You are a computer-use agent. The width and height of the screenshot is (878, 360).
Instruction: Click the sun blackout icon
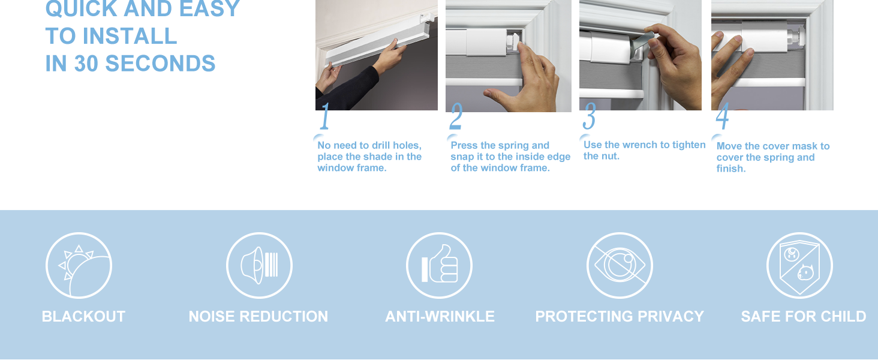79,265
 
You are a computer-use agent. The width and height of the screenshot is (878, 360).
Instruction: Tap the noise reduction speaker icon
259,265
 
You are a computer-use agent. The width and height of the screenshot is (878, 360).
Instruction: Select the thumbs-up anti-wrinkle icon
439,265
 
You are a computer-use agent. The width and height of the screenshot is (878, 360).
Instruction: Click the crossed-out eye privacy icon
620,265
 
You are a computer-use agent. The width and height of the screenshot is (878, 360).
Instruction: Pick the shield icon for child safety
799,265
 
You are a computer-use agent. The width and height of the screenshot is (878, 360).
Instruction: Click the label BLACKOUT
83,316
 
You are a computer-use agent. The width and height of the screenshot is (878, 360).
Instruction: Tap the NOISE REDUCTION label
258,316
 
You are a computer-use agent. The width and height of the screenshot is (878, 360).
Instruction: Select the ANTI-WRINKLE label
440,316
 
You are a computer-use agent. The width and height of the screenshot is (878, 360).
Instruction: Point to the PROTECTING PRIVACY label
620,316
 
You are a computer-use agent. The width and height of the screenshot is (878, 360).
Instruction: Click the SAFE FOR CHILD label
803,316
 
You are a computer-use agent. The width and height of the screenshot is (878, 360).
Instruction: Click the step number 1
324,117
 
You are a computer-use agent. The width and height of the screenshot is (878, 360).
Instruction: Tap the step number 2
456,118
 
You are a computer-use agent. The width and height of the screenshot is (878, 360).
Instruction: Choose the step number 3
589,116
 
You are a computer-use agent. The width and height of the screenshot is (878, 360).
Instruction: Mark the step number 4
722,117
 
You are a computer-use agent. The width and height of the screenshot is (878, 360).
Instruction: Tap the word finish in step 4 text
731,169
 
